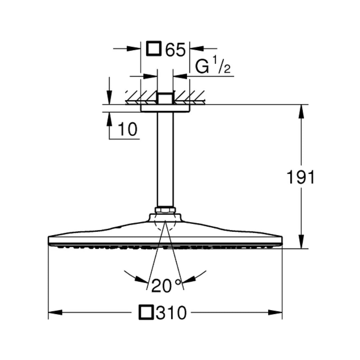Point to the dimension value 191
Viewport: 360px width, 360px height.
point(301,178)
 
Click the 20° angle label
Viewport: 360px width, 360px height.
point(166,286)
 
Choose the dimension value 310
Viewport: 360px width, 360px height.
point(171,313)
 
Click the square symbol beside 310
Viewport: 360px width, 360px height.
point(147,313)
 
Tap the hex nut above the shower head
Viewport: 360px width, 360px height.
point(165,210)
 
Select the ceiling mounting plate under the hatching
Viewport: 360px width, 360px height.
point(165,108)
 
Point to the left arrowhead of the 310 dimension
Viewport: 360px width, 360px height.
point(55,313)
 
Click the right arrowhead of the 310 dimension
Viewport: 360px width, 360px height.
point(275,313)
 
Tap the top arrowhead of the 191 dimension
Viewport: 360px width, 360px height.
point(301,111)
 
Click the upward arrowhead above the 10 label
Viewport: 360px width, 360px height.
point(109,119)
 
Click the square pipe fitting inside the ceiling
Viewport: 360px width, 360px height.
point(165,98)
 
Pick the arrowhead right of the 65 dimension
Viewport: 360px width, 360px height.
point(197,49)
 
